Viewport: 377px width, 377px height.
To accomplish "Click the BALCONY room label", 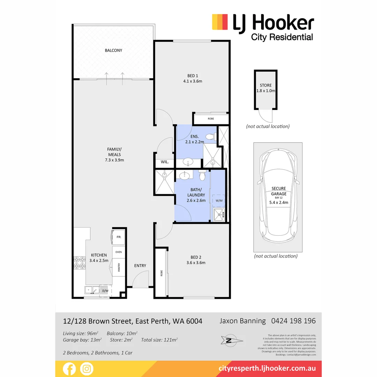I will pos(113,50).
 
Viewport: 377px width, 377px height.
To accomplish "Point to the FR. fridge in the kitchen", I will pos(118,237).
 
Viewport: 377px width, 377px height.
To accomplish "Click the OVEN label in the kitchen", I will pos(119,252).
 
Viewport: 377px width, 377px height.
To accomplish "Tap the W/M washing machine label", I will pos(219,200).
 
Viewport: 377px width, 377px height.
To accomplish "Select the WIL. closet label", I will pos(164,162).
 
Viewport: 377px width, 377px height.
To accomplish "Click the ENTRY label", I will pos(140,266).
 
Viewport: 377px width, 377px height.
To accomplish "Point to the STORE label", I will pos(265,85).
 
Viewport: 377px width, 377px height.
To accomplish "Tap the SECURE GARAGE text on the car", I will pos(279,191).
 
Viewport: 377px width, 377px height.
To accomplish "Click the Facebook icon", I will pos(69,369).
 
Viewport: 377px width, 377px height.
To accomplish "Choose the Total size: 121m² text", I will pos(160,339).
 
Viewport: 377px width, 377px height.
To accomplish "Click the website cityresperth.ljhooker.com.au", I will pos(267,368).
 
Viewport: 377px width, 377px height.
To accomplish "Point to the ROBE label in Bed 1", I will pos(210,119).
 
